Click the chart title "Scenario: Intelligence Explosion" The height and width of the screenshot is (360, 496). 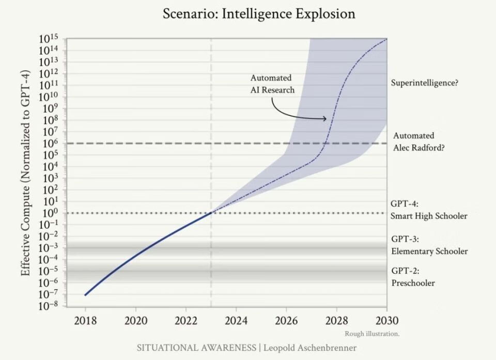(x=259, y=13)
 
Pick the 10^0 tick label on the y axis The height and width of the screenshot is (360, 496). (x=50, y=213)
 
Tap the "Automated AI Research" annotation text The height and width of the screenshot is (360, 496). (x=272, y=84)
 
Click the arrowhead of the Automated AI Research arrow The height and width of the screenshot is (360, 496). (x=325, y=119)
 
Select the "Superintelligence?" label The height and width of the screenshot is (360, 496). (x=425, y=83)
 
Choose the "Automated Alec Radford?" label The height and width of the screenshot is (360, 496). (x=419, y=141)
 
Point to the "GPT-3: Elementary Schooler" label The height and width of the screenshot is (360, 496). (x=429, y=245)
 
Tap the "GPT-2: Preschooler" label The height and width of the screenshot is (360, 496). (x=413, y=277)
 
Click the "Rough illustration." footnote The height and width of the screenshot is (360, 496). (x=372, y=334)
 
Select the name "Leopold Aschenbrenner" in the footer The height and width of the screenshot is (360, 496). (x=310, y=348)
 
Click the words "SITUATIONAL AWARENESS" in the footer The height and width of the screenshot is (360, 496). (x=196, y=348)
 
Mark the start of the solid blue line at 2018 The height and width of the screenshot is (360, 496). (x=85, y=295)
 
